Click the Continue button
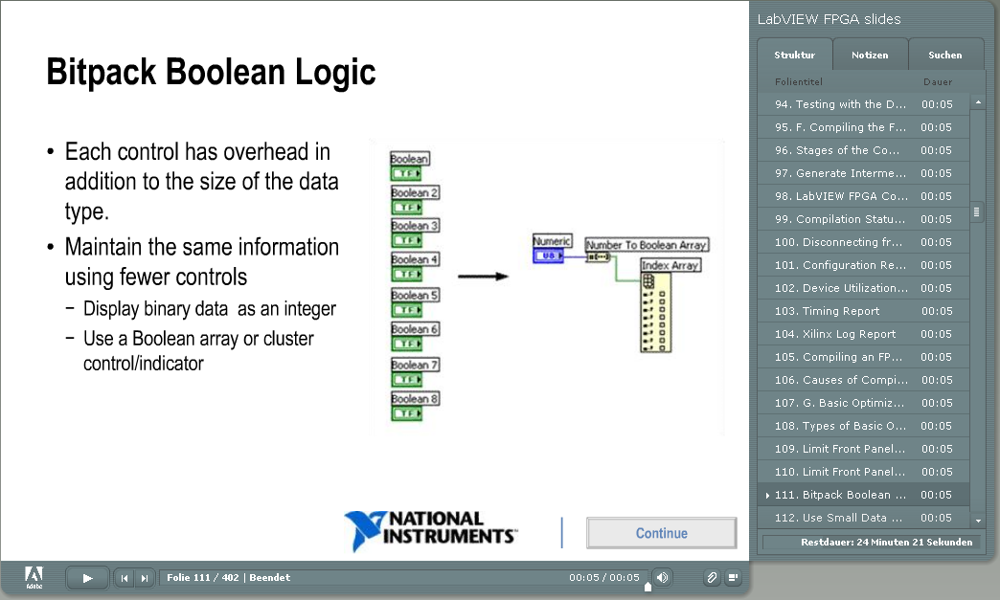pos(661,532)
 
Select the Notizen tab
pos(870,55)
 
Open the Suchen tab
pos(945,55)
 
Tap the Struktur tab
pos(795,55)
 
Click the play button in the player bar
pos(87,578)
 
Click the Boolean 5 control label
pos(415,295)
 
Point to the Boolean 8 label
pos(415,399)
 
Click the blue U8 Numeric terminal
pos(549,256)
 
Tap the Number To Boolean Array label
pos(647,245)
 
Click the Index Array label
pos(670,265)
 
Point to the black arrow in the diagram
pos(483,277)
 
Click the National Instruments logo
pos(430,529)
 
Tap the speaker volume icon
pos(663,578)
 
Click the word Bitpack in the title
pos(101,72)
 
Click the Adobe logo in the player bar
pos(34,578)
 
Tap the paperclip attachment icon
pos(711,578)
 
